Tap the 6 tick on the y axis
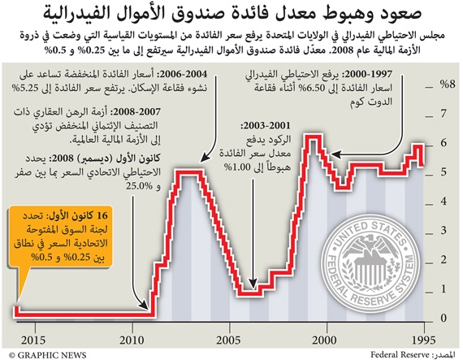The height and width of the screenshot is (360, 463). pos(444,142)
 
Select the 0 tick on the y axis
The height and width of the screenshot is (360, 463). pos(444,318)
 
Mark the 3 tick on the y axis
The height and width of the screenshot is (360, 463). pos(444,230)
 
